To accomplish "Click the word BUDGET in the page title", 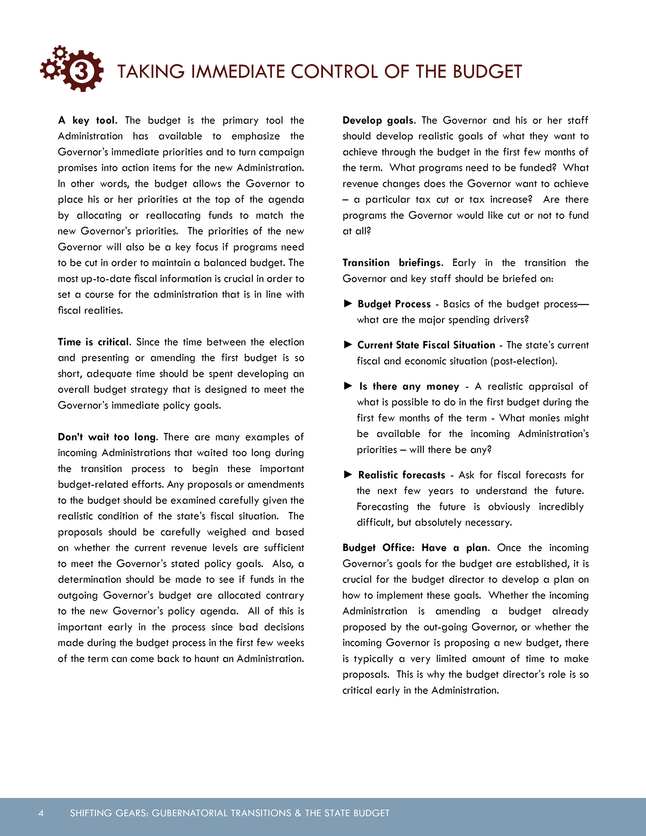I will point(487,72).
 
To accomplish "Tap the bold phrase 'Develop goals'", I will point(378,120).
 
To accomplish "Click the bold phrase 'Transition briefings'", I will point(392,263).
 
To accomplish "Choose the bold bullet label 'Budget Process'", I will point(394,304).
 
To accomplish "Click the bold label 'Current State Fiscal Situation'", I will point(426,345).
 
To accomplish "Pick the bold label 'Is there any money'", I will point(409,386).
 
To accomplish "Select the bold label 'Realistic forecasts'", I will point(402,475).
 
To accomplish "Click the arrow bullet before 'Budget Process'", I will point(348,303).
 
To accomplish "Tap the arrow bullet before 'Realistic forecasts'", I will point(348,475).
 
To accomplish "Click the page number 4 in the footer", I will point(41,813).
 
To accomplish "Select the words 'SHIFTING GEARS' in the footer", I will point(109,813).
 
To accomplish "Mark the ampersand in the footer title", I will point(298,813).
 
